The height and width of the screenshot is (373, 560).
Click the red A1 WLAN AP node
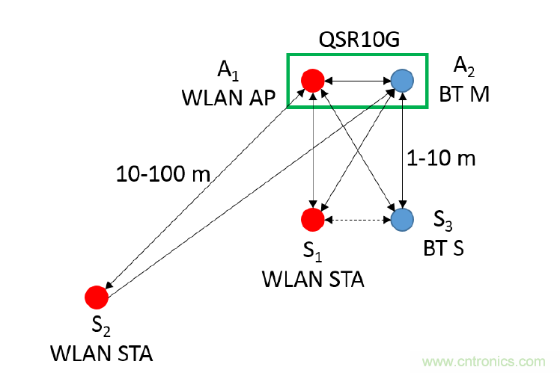311,80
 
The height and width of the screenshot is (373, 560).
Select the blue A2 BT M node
403,80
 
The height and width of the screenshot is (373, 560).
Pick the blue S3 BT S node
403,219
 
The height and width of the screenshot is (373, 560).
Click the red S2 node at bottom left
96,297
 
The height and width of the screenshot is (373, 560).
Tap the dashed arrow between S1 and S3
357,219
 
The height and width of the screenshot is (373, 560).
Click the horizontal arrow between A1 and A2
357,80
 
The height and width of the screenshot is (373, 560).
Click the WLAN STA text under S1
312,280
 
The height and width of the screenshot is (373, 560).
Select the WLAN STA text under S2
101,352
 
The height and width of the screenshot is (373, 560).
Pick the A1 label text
228,70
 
